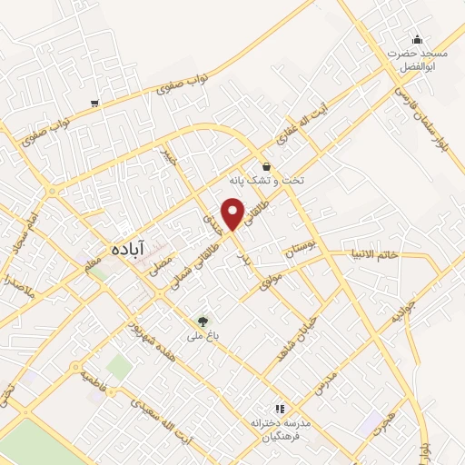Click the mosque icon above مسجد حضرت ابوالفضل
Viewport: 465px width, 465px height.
417,39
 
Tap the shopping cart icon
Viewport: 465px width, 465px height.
94,104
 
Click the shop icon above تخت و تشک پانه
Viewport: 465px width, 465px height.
266,166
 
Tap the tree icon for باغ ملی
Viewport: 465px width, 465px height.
203,321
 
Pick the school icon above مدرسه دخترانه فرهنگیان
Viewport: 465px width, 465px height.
281,410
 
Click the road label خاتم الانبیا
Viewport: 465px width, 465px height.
374,255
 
